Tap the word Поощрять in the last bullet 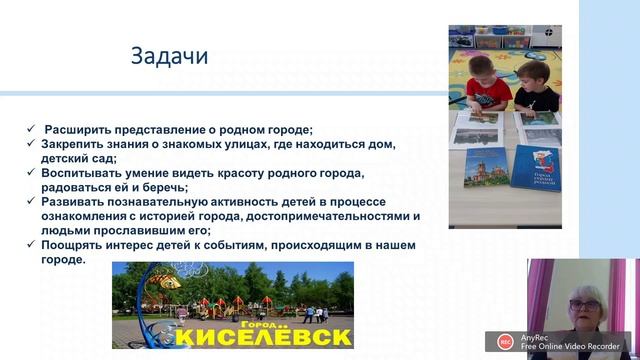click(x=74, y=245)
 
